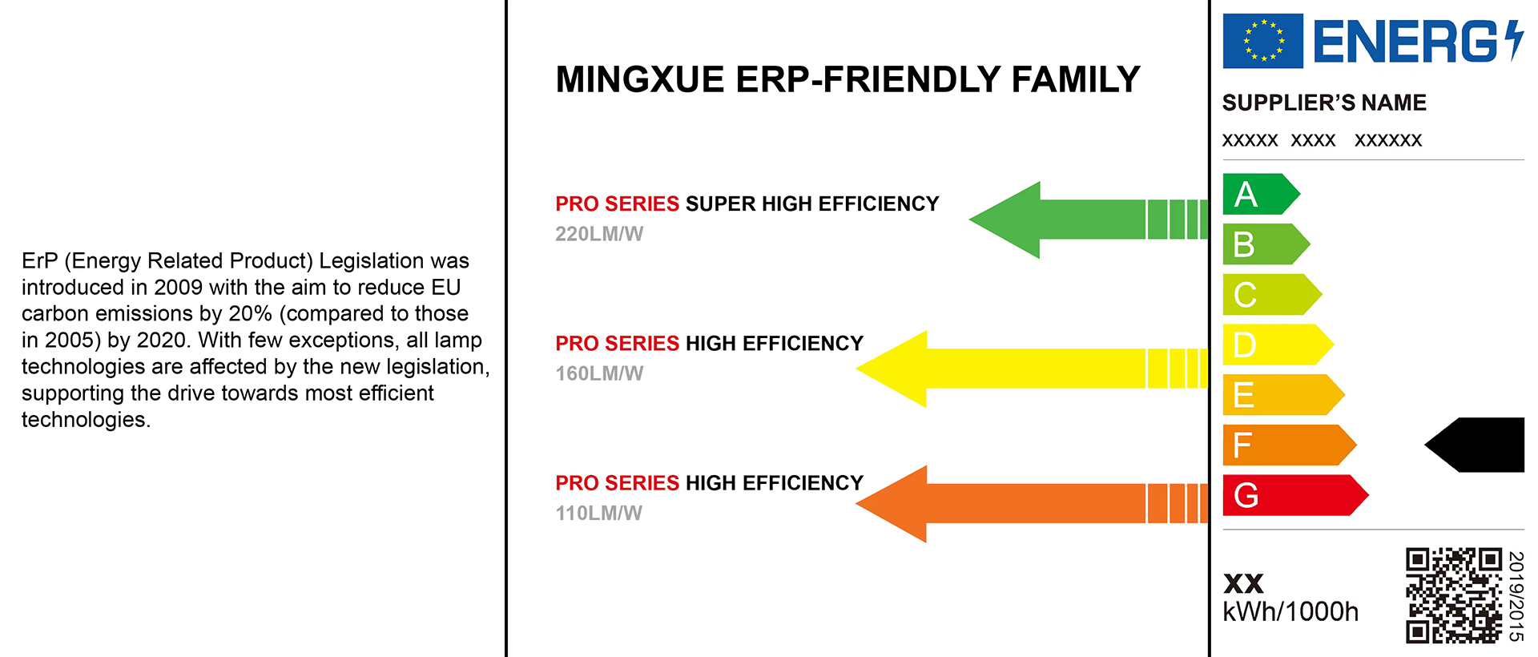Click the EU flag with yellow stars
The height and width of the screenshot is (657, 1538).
pyautogui.click(x=1262, y=41)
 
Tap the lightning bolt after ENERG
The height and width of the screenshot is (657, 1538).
pyautogui.click(x=1513, y=41)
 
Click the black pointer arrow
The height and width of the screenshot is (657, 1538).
pyautogui.click(x=1478, y=445)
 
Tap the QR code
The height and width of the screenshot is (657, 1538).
pyautogui.click(x=1453, y=595)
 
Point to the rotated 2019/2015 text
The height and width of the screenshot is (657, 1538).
pyautogui.click(x=1516, y=596)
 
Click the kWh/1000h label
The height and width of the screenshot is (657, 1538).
pyautogui.click(x=1290, y=612)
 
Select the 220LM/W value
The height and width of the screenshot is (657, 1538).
pyautogui.click(x=599, y=234)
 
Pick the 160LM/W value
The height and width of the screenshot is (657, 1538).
pyautogui.click(x=599, y=373)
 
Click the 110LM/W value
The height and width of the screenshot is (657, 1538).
pyautogui.click(x=599, y=514)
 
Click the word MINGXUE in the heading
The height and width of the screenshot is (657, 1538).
pyautogui.click(x=640, y=79)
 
